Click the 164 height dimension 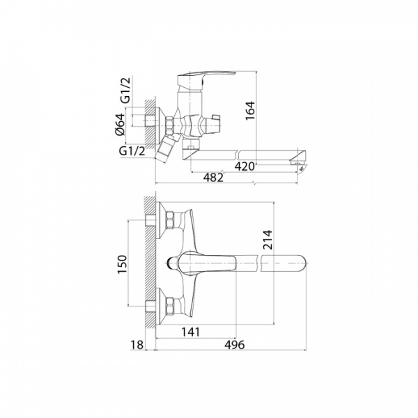pyautogui.click(x=250, y=111)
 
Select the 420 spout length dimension pyautogui.click(x=245, y=167)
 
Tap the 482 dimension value pyautogui.click(x=213, y=177)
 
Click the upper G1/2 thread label pyautogui.click(x=126, y=90)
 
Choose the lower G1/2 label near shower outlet pyautogui.click(x=132, y=151)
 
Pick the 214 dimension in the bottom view pyautogui.click(x=268, y=240)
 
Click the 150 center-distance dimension pyautogui.click(x=123, y=264)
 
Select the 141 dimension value pyautogui.click(x=191, y=332)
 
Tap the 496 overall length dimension pyautogui.click(x=234, y=345)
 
